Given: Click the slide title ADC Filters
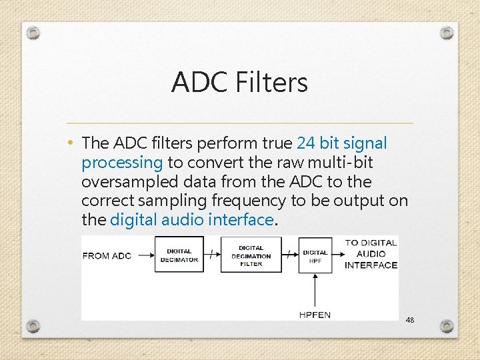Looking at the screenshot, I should click(x=239, y=82).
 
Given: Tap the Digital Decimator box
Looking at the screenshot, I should click(x=179, y=255).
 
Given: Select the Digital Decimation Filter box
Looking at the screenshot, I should click(x=251, y=255).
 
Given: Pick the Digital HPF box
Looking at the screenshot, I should click(x=315, y=255).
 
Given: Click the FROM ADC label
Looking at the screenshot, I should click(x=107, y=255).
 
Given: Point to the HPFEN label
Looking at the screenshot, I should click(x=315, y=314).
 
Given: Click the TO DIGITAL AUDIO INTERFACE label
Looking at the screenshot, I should click(x=371, y=254).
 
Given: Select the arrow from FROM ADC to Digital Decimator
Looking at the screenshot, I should click(x=143, y=255).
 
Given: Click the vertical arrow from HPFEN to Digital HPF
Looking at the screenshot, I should click(x=315, y=290).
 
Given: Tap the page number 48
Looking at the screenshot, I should click(x=409, y=320).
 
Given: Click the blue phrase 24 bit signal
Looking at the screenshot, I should click(x=341, y=143).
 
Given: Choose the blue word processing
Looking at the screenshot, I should click(x=122, y=163).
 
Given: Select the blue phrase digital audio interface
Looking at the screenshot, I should click(x=192, y=219).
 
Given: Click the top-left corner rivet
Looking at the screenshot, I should click(x=34, y=32).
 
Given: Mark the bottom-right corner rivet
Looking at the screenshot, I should click(x=447, y=326).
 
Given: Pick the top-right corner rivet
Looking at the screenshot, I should click(x=447, y=32).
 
